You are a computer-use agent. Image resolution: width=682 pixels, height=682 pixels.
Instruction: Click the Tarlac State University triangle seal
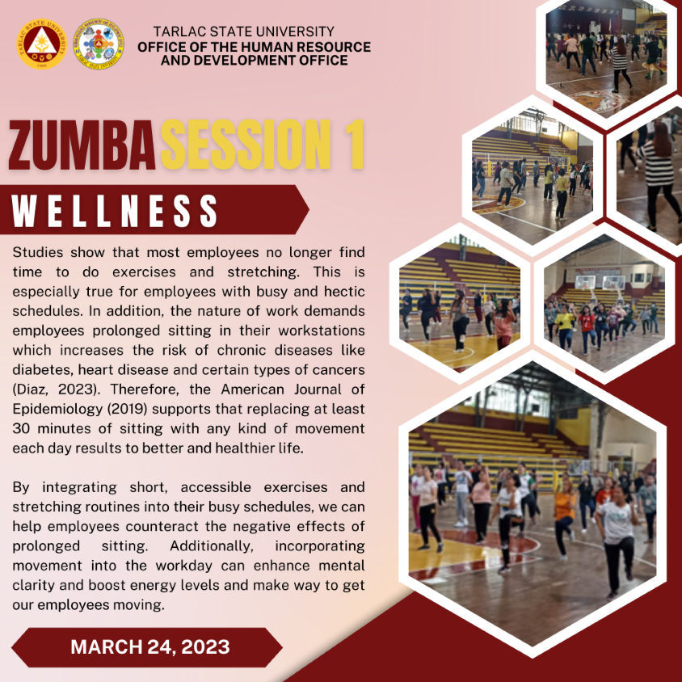pyautogui.click(x=41, y=44)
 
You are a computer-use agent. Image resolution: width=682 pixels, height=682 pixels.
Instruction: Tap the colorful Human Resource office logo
pyautogui.click(x=99, y=44)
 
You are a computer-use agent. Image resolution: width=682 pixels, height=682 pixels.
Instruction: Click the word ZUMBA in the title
pyautogui.click(x=82, y=145)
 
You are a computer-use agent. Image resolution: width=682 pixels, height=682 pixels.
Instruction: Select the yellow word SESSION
pyautogui.click(x=246, y=145)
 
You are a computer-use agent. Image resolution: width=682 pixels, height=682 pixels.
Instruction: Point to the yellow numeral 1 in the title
pyautogui.click(x=354, y=145)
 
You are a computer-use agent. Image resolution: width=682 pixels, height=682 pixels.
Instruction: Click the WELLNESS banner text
pyautogui.click(x=115, y=211)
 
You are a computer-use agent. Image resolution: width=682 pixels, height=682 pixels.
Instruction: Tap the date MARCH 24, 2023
pyautogui.click(x=150, y=646)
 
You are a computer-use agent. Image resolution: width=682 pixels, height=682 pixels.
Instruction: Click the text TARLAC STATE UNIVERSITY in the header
pyautogui.click(x=243, y=32)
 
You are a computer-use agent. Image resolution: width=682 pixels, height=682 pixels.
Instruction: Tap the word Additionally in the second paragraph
pyautogui.click(x=212, y=546)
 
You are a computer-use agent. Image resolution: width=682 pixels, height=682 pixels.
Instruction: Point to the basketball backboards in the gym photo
pyautogui.click(x=600, y=282)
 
